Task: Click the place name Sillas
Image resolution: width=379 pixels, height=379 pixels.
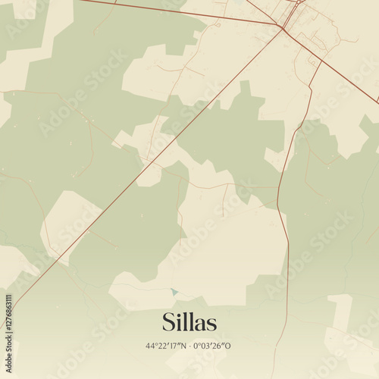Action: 189,322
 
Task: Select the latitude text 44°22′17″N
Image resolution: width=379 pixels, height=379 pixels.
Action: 165,346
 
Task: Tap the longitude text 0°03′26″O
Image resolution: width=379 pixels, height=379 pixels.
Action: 212,346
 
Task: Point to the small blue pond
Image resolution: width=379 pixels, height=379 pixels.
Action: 174,292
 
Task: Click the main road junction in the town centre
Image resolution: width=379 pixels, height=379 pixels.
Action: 283,28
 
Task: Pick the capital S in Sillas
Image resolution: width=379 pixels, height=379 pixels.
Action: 168,322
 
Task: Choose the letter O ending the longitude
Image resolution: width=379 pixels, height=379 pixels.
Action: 228,346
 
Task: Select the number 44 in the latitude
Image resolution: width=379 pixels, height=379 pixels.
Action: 151,346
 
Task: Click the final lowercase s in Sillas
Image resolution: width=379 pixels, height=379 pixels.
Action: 211,324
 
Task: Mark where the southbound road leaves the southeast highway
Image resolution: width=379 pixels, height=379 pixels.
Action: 321,61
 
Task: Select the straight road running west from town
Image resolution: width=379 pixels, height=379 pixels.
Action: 182,12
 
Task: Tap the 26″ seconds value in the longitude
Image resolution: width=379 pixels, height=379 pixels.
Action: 219,346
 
